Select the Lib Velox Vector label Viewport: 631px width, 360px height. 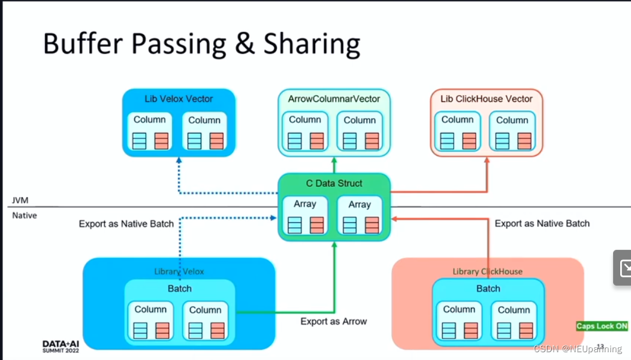pyautogui.click(x=179, y=99)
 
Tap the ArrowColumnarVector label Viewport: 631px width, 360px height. pyautogui.click(x=334, y=99)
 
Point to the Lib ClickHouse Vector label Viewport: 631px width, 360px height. pyautogui.click(x=487, y=99)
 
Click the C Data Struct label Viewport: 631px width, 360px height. pyautogui.click(x=334, y=183)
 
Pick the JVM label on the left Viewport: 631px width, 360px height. pyautogui.click(x=20, y=201)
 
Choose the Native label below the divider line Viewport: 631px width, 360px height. pyautogui.click(x=25, y=215)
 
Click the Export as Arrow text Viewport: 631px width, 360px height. pyautogui.click(x=333, y=322)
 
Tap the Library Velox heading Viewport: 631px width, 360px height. pyautogui.click(x=179, y=271)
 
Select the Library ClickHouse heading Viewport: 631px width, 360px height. pyautogui.click(x=487, y=271)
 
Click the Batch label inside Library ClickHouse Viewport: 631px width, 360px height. pyautogui.click(x=488, y=289)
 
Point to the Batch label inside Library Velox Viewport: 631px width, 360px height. pyautogui.click(x=179, y=289)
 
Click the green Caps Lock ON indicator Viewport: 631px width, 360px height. pyautogui.click(x=602, y=326)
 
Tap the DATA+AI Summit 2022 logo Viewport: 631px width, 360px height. pyautogui.click(x=61, y=346)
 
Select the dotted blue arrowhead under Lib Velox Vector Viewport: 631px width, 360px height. pyautogui.click(x=179, y=160)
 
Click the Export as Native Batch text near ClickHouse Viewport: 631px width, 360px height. pyautogui.click(x=542, y=223)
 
